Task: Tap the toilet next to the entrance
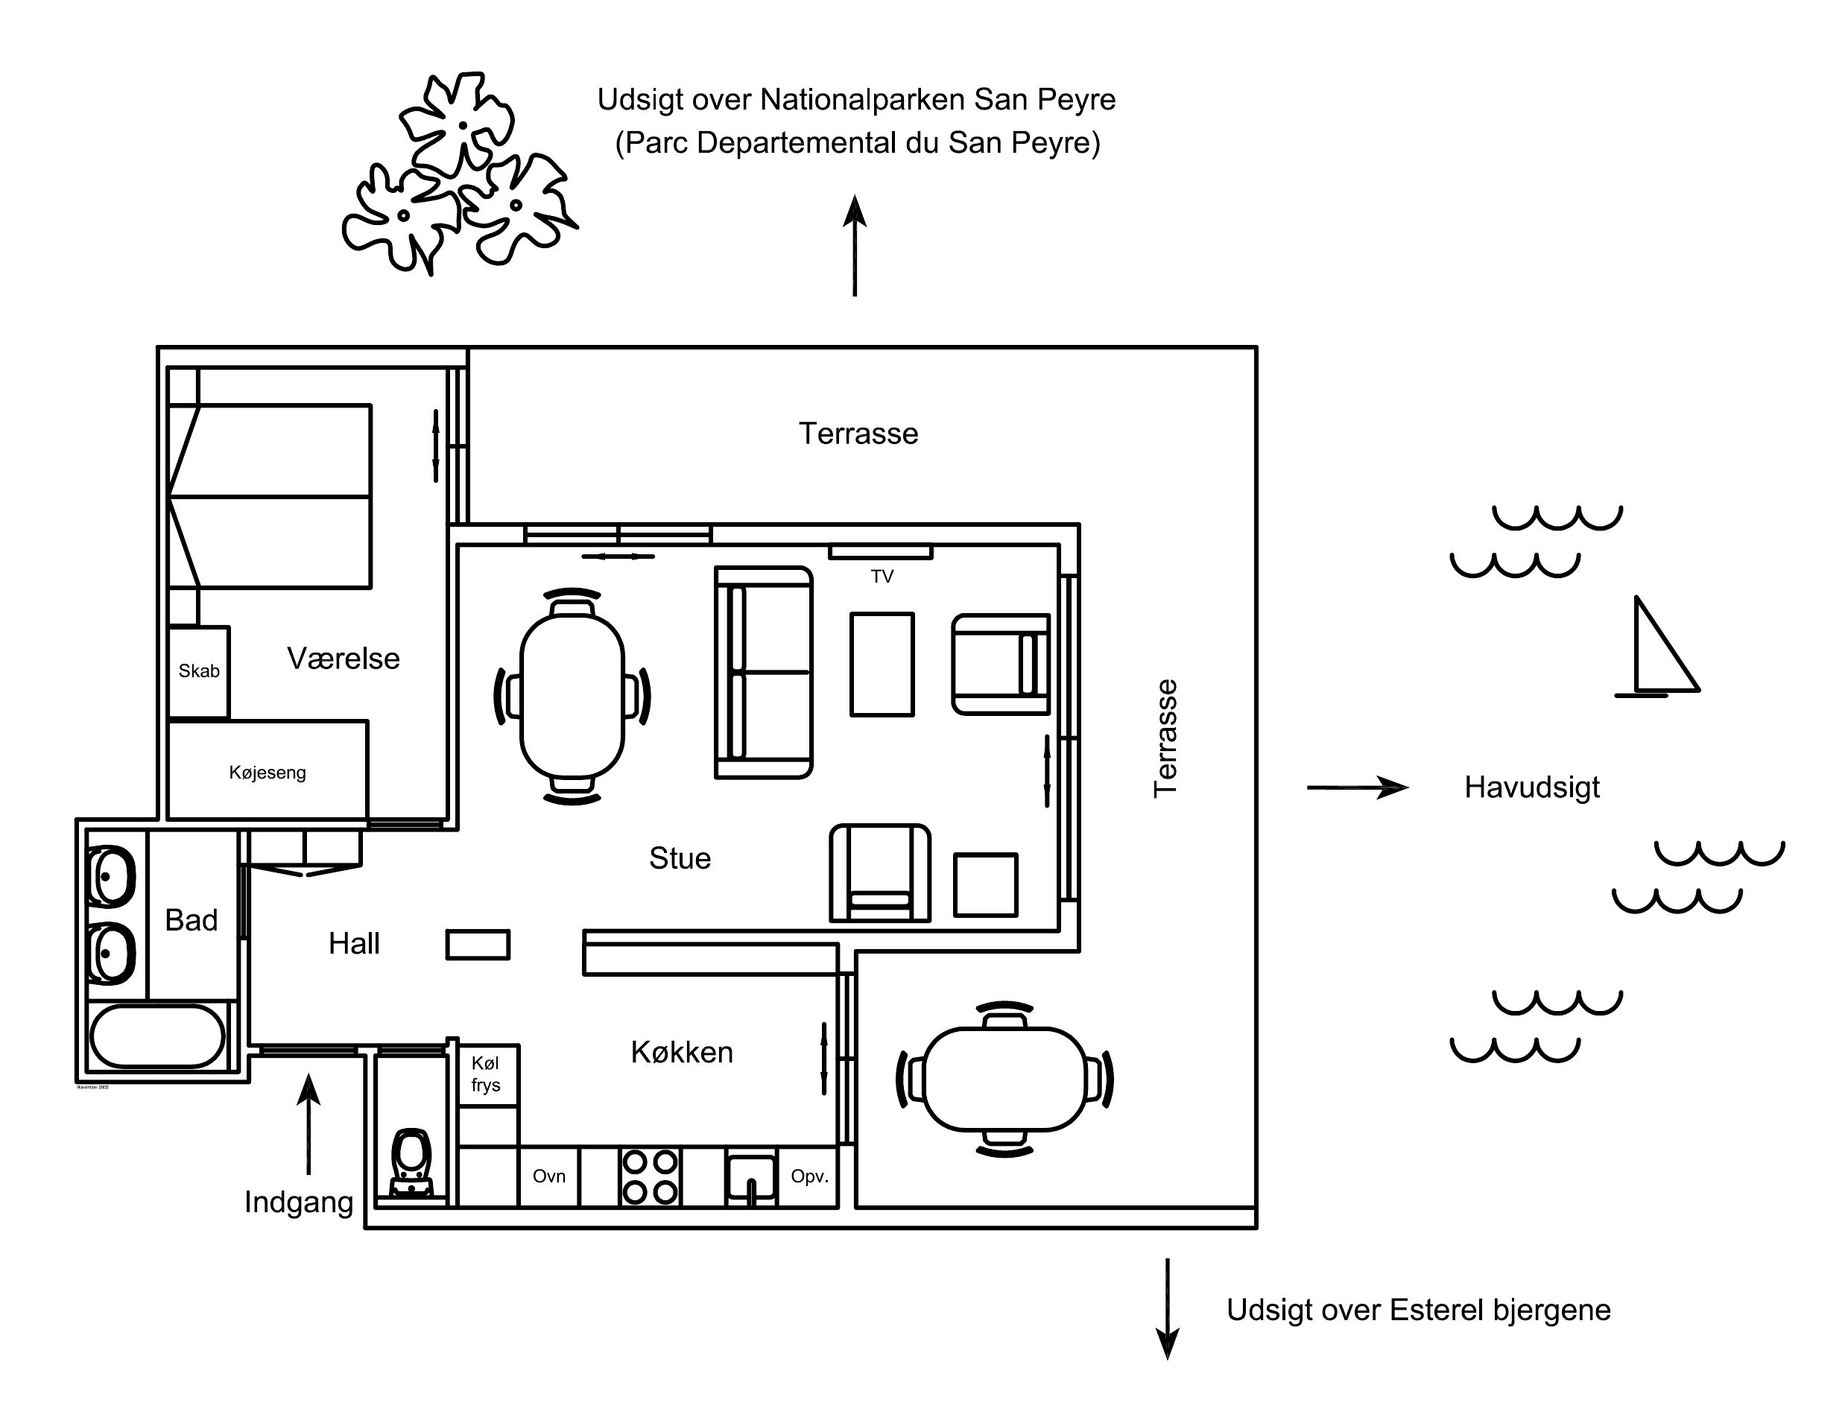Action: click(413, 1162)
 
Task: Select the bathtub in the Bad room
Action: click(157, 1036)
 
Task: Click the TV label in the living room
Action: click(882, 577)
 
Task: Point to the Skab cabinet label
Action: click(199, 671)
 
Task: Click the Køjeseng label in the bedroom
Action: click(267, 773)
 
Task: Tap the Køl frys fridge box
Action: click(486, 1074)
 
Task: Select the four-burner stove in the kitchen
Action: click(649, 1176)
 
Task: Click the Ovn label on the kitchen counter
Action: click(548, 1176)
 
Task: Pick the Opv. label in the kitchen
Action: click(809, 1176)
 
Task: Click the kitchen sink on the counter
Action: click(750, 1176)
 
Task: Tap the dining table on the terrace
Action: click(1004, 1080)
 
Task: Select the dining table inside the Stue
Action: click(572, 696)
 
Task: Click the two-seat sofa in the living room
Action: click(763, 672)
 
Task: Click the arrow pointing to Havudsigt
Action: click(1357, 787)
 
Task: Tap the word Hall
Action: click(353, 943)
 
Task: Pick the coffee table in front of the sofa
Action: click(882, 665)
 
